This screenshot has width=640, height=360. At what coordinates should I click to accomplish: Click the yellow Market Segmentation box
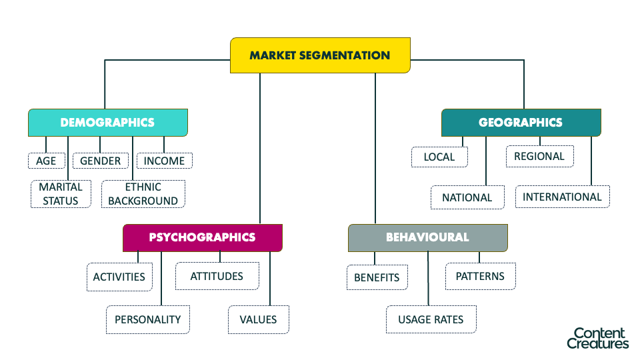click(x=320, y=55)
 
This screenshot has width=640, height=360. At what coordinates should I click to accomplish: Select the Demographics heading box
click(x=107, y=123)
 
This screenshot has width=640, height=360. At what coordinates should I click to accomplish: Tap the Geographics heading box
click(x=521, y=123)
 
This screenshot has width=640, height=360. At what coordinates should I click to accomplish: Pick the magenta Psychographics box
click(x=202, y=237)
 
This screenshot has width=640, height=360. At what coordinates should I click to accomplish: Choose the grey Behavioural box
click(x=427, y=237)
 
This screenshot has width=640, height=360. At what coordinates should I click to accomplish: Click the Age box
click(x=46, y=161)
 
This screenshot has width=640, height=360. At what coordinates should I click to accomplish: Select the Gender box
click(x=101, y=161)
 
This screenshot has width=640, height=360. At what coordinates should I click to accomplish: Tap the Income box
click(x=165, y=161)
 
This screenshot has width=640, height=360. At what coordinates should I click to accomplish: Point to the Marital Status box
click(x=61, y=194)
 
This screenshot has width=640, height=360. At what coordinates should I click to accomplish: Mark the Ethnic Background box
click(x=143, y=194)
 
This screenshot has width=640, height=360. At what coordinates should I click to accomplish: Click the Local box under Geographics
click(x=439, y=157)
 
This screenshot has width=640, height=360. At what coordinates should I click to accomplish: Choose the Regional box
click(x=539, y=157)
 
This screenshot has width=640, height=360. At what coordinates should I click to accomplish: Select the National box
click(x=467, y=197)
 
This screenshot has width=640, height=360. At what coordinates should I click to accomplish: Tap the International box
click(x=562, y=197)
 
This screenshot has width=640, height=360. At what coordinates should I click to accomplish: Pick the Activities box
click(x=119, y=277)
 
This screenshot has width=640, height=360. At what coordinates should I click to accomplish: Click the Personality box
click(x=147, y=319)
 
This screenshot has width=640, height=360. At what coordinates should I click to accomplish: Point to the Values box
click(x=258, y=319)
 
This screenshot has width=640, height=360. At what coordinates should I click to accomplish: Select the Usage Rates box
click(x=431, y=319)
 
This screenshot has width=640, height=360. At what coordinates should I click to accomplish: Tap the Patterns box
click(x=480, y=276)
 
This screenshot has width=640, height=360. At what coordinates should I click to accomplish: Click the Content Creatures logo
click(x=598, y=338)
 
